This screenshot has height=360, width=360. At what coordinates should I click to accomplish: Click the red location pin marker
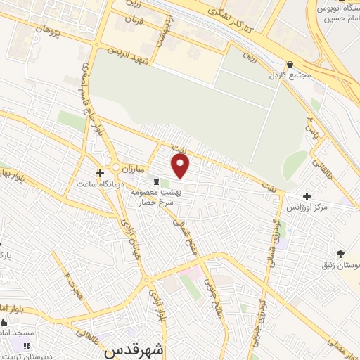[181, 167]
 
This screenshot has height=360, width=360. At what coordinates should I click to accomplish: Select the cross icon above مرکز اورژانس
[306, 196]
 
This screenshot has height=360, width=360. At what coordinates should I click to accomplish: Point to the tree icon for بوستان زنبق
[340, 253]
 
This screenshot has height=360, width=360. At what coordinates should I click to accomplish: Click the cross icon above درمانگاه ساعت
[101, 172]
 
